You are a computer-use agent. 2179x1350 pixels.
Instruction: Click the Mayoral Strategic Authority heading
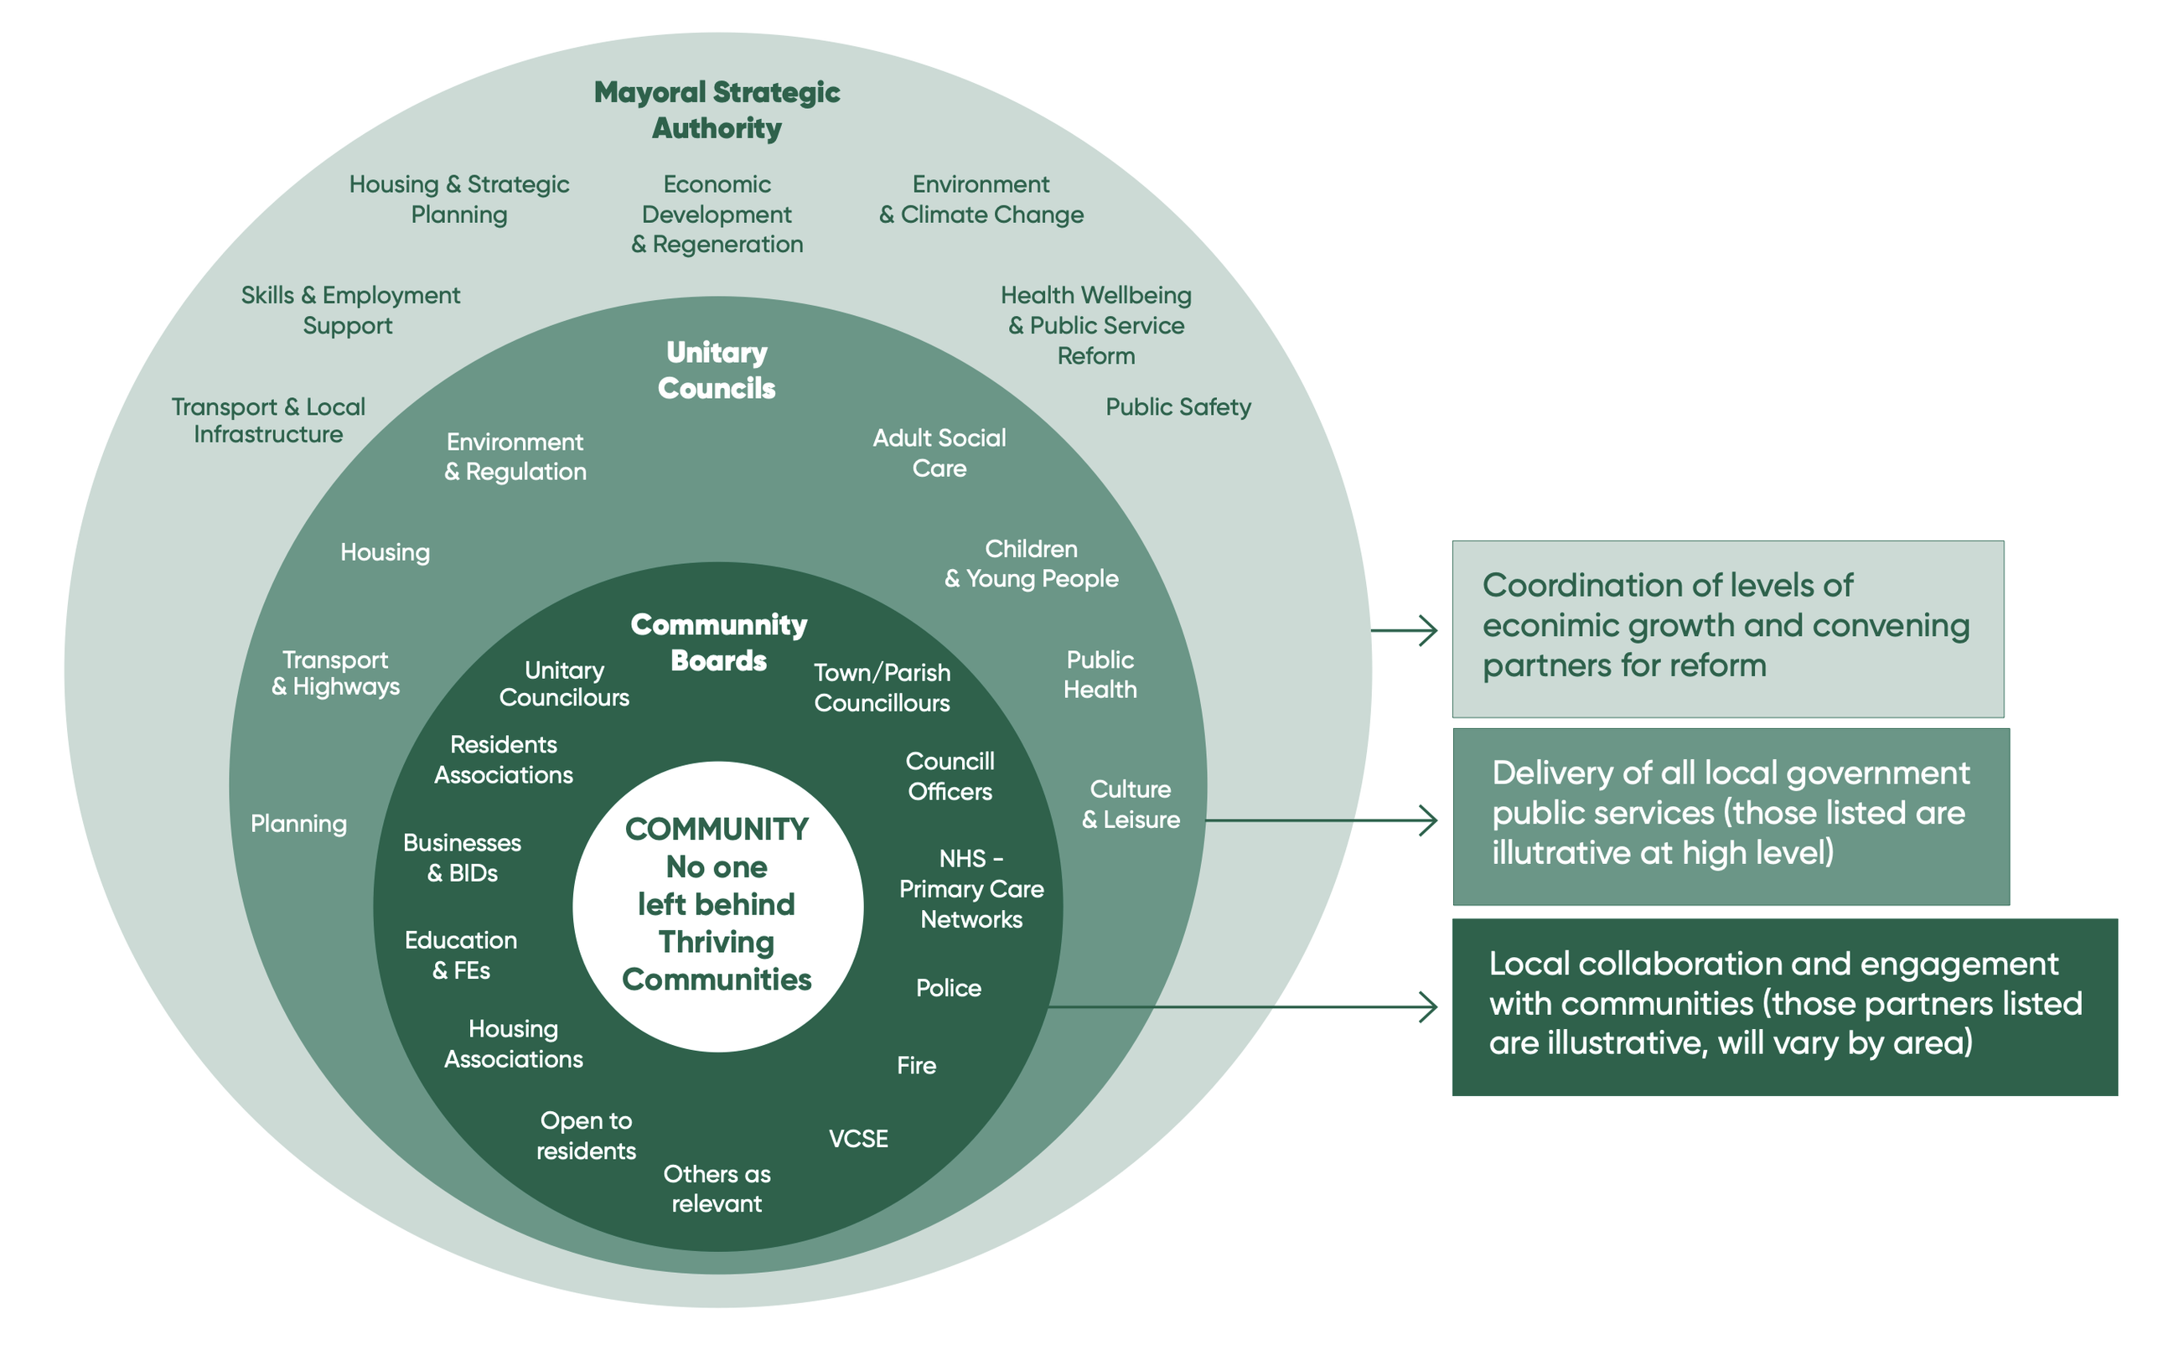click(716, 109)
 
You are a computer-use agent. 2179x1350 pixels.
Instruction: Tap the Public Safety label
click(1177, 407)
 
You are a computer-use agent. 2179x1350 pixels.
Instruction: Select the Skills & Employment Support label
click(350, 310)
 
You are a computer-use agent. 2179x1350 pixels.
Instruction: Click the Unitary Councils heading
click(716, 370)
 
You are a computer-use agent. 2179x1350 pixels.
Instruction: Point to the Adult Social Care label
click(939, 453)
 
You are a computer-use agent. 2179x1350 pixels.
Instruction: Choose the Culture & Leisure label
click(1130, 804)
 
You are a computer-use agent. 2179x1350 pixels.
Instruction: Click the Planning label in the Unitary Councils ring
click(298, 823)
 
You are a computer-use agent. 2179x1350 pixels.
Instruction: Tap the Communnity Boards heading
click(717, 642)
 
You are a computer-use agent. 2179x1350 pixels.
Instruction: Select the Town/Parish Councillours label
click(881, 687)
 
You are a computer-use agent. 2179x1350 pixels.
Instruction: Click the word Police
click(948, 987)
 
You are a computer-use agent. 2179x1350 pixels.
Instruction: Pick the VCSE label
click(858, 1138)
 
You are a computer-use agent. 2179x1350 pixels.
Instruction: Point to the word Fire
click(916, 1065)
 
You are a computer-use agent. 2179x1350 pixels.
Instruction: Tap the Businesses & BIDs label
click(462, 857)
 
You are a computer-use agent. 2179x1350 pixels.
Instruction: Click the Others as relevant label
click(716, 1188)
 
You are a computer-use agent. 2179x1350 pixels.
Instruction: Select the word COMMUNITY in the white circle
click(716, 829)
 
